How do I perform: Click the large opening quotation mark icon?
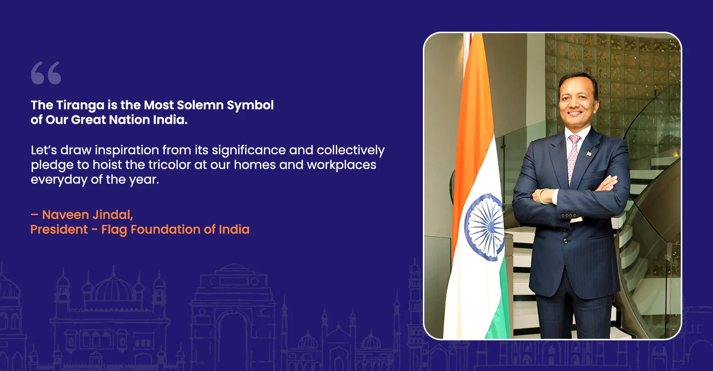tap(46, 73)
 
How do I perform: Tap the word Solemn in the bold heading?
tap(200, 105)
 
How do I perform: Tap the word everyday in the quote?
tap(59, 180)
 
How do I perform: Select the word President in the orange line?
tap(59, 230)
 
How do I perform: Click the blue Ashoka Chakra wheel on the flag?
tap(484, 228)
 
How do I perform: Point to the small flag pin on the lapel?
tap(589, 153)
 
